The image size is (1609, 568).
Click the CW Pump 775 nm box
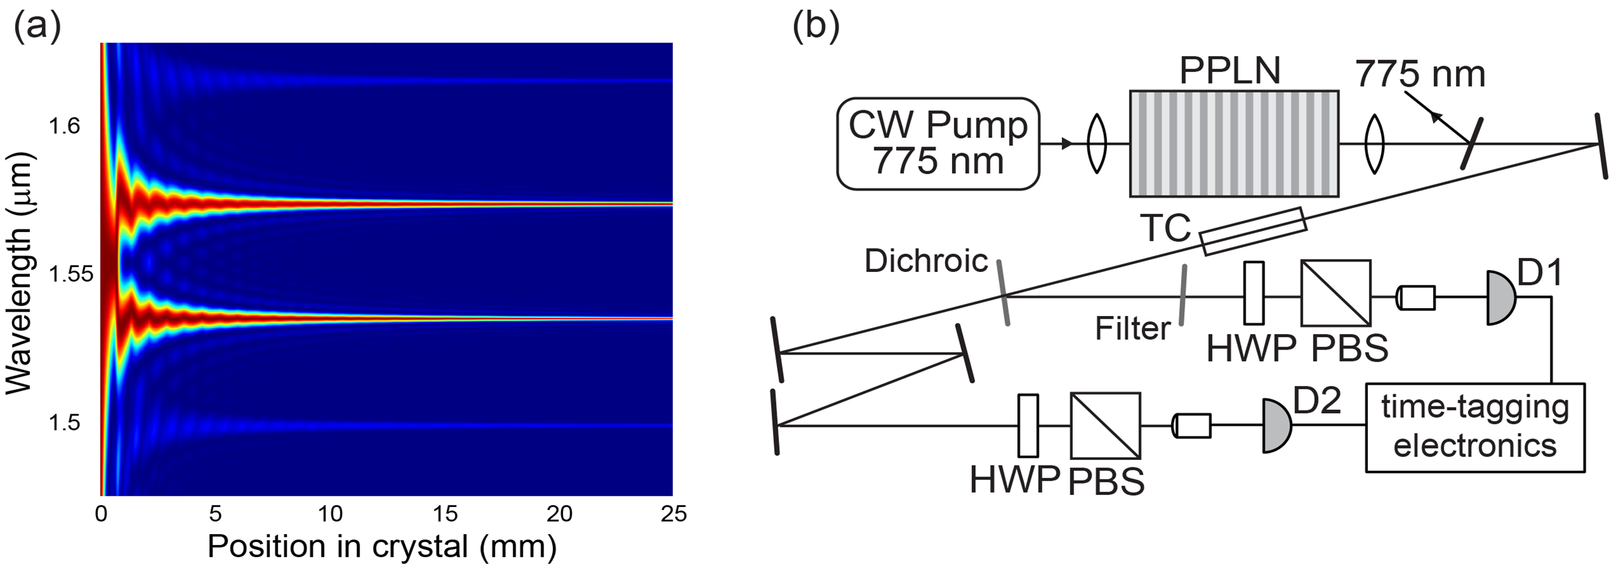point(938,143)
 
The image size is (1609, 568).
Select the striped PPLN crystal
point(1234,144)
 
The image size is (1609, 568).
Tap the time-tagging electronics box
point(1475,427)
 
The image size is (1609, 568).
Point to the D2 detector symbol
point(1276,426)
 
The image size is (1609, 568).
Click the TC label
point(1165,229)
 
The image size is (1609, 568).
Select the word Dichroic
point(926,260)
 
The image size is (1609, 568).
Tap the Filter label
point(1132,329)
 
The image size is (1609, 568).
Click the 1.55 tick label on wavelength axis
point(71,274)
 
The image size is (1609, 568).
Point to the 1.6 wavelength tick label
point(64,126)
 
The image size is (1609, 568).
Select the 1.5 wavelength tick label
point(64,423)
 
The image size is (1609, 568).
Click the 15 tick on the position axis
point(445,514)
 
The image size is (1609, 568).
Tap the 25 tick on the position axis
point(673,514)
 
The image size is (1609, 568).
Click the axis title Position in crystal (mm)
point(381,547)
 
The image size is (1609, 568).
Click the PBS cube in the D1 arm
point(1335,293)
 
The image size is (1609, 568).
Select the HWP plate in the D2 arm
point(1027,426)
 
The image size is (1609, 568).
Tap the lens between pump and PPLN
point(1097,144)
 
